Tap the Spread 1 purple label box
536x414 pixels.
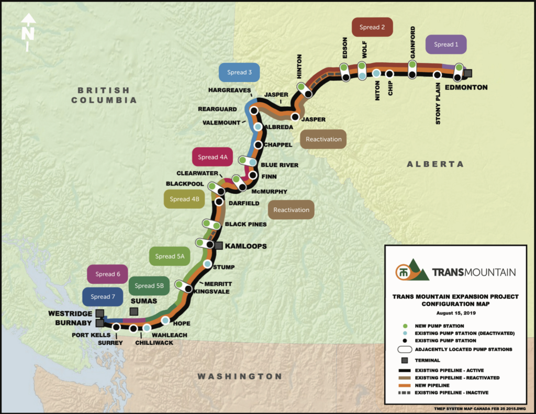(443, 44)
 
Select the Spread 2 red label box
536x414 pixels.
(372, 27)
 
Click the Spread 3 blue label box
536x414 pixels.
(240, 72)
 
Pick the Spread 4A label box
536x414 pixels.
(213, 157)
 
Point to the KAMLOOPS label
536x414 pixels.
(245, 246)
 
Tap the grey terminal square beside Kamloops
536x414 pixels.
(219, 245)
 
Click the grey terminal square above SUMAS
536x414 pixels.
(134, 311)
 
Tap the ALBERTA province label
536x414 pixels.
(435, 164)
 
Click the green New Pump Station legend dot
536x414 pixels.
(405, 326)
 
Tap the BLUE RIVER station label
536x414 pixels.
(279, 165)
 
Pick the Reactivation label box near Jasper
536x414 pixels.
(323, 139)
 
